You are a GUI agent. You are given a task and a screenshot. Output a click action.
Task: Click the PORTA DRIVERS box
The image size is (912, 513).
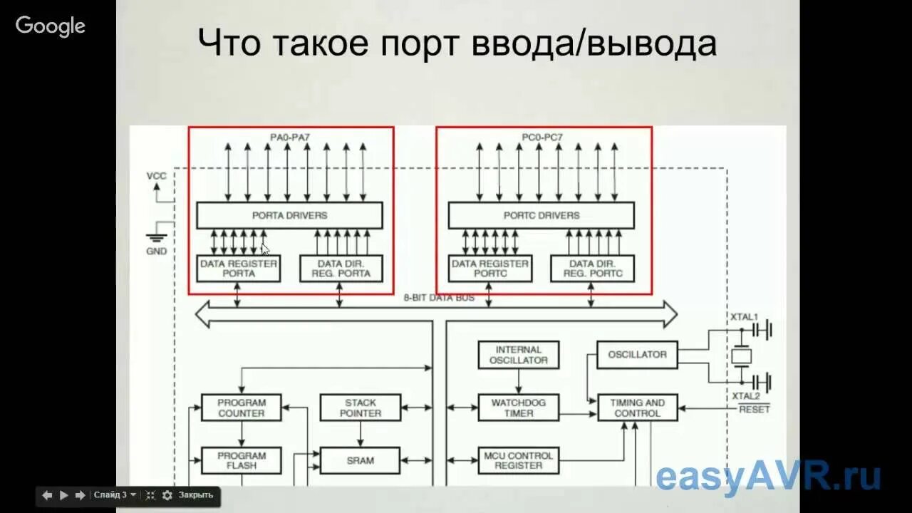289,215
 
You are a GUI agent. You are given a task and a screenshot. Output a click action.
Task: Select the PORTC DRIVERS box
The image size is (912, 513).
541,215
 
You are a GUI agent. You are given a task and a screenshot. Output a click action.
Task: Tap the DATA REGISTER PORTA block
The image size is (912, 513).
239,268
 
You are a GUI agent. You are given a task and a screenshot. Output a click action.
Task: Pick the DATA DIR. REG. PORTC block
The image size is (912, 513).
592,268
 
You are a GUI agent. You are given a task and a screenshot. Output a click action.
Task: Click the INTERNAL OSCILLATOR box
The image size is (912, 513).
518,355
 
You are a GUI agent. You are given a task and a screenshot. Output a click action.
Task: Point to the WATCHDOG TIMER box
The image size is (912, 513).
518,408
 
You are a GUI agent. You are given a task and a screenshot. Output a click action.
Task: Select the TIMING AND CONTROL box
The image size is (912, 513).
637,408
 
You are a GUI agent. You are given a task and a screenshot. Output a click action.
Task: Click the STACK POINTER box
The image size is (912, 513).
360,408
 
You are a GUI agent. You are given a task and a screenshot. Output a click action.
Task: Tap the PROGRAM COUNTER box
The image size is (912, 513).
241,408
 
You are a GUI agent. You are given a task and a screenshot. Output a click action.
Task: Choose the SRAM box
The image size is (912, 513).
360,460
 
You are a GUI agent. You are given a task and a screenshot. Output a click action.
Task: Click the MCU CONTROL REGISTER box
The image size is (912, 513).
518,460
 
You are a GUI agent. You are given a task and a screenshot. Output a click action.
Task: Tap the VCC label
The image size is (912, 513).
156,176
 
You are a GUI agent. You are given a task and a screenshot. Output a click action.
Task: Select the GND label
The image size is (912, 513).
156,252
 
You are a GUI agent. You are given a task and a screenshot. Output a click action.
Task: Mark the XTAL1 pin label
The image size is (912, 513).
745,316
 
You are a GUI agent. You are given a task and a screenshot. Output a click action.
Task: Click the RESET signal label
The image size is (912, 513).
754,410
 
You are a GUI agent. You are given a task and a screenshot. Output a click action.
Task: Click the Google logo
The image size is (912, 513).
51,26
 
